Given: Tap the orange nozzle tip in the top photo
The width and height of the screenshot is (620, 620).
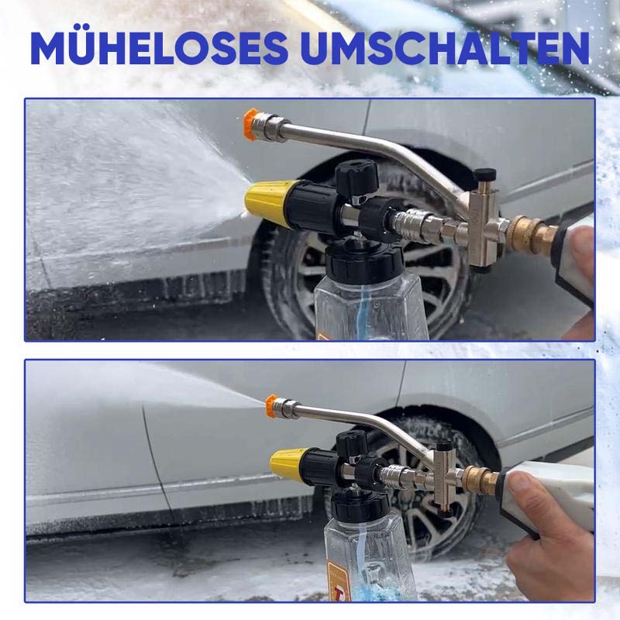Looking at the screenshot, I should tap(250, 120).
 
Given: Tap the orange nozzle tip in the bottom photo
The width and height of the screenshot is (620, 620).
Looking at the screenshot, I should tap(271, 404).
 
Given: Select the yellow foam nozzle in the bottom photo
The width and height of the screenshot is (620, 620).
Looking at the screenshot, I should tap(287, 463).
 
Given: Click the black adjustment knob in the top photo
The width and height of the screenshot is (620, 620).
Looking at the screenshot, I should tap(357, 174).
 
